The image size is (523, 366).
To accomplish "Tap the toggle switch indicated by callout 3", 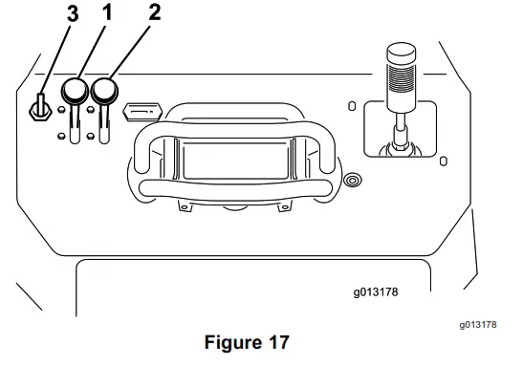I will click(x=38, y=108).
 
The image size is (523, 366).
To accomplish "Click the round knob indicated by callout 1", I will click(x=75, y=93).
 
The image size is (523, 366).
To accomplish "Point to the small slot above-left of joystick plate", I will click(x=351, y=105).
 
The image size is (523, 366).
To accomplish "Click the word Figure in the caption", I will click(x=228, y=340).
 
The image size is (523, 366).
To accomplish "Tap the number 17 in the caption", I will click(x=274, y=340).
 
